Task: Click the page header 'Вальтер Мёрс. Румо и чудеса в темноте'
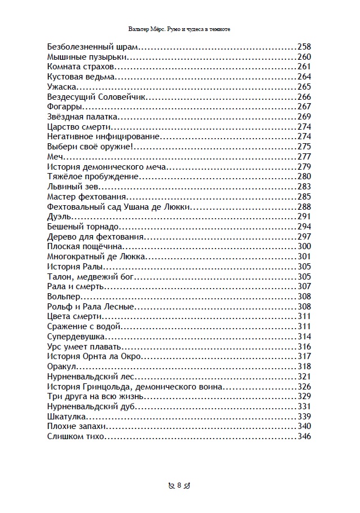179,28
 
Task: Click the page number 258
304,47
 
